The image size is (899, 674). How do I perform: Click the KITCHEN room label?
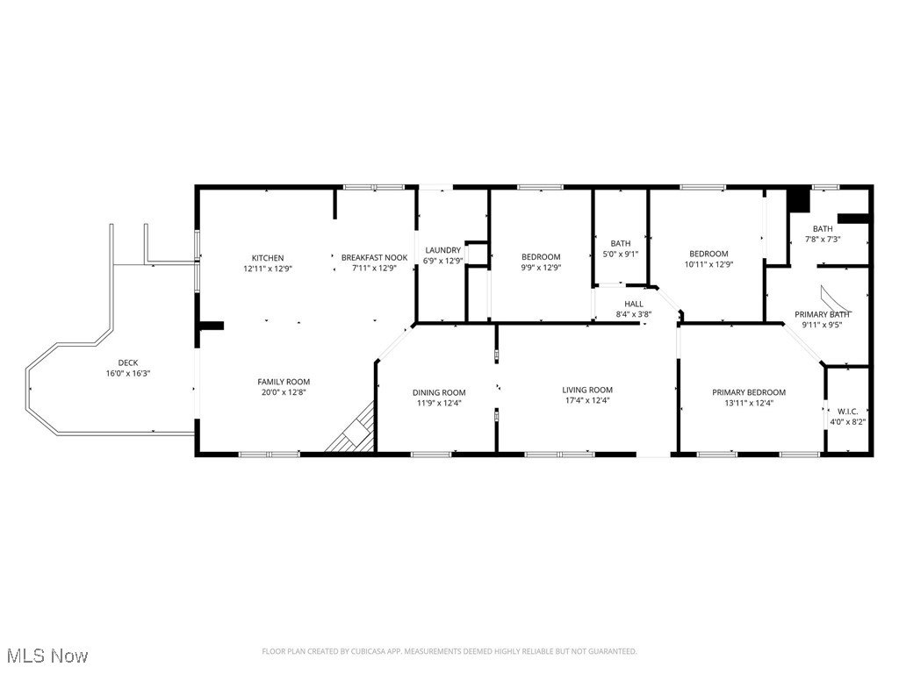coord(267,258)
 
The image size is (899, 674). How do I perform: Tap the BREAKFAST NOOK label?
coord(374,258)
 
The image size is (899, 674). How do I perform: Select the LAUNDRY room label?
coord(442,250)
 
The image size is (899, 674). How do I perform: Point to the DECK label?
coord(128,362)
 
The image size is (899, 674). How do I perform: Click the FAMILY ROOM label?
coord(284,382)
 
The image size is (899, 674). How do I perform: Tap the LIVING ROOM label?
coord(587,390)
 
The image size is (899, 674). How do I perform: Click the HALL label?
coord(633,304)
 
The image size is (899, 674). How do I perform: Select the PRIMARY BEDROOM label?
coord(749,392)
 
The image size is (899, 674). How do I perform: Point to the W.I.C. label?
coord(847,411)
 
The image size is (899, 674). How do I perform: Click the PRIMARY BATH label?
coord(822,314)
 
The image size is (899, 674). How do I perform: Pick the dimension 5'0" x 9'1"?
coord(621,255)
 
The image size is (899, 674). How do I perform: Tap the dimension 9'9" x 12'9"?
coord(541,268)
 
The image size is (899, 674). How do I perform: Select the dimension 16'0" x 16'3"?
coord(128,373)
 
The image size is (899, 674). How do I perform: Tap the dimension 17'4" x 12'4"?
coord(587,400)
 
